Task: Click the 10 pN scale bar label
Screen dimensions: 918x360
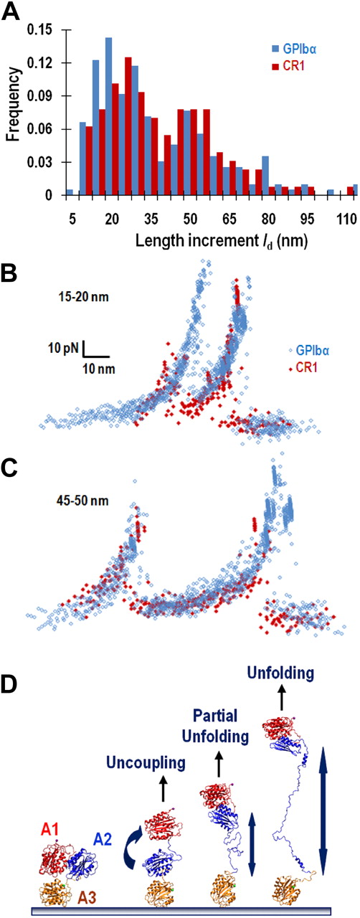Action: tap(64, 349)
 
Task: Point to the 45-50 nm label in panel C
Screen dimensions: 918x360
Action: tap(85, 501)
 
